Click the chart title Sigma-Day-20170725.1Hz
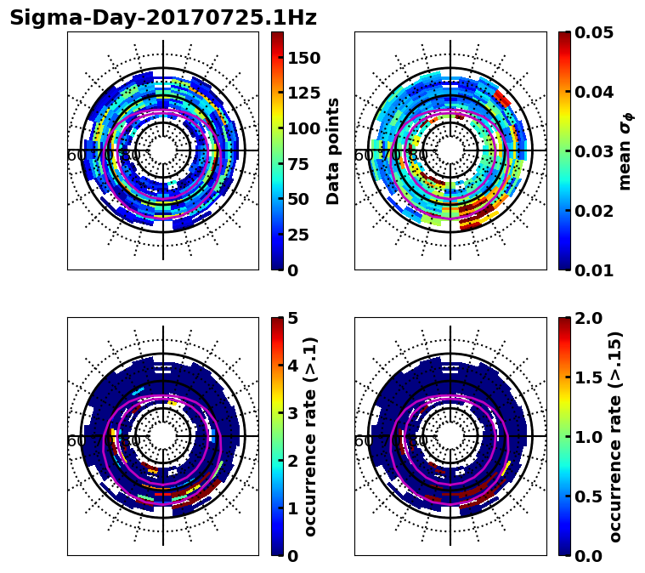162,19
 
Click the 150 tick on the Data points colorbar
303,58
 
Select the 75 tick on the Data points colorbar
297,164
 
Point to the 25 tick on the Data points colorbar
297,235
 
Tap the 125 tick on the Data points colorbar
303,94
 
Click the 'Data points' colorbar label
333,150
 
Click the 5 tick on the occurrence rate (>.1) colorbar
291,318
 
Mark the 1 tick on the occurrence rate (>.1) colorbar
291,508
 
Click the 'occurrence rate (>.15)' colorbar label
615,437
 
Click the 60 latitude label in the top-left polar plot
76,156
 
